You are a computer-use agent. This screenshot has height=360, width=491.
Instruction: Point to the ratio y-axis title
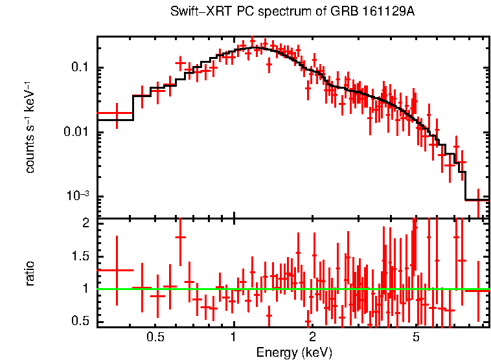pyautogui.click(x=30, y=273)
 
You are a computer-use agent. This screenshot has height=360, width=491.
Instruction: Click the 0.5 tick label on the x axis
pyautogui.click(x=155, y=337)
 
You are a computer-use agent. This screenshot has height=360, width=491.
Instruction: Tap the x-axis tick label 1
pyautogui.click(x=233, y=337)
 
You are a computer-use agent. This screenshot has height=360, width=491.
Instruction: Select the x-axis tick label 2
pyautogui.click(x=312, y=337)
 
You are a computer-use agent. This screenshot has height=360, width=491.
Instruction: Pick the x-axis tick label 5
pyautogui.click(x=416, y=337)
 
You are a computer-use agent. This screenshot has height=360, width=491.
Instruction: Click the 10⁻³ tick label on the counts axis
pyautogui.click(x=78, y=196)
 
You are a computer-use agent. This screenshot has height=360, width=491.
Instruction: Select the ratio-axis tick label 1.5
pyautogui.click(x=80, y=256)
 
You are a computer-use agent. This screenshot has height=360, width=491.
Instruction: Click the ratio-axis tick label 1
pyautogui.click(x=86, y=289)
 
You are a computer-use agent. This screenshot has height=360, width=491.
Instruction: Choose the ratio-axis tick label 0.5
pyautogui.click(x=80, y=321)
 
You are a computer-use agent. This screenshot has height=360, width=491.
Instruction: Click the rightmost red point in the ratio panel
pyautogui.click(x=478, y=291)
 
